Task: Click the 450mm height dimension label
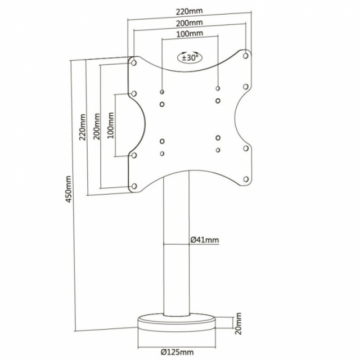[x=69, y=189]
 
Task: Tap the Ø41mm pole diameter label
[x=205, y=240]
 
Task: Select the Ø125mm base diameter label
[x=177, y=352]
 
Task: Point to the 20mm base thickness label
[x=238, y=323]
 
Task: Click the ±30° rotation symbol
[x=190, y=57]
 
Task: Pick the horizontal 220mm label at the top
[x=190, y=11]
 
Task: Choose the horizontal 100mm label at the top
[x=190, y=34]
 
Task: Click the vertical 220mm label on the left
[x=82, y=127]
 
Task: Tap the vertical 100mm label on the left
[x=111, y=125]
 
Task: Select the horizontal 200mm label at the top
[x=190, y=22]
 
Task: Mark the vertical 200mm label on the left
[x=97, y=126]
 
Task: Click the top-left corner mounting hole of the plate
[x=134, y=62]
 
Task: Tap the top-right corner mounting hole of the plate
[x=245, y=56]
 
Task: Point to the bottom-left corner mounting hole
[x=134, y=186]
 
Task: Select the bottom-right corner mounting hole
[x=246, y=179]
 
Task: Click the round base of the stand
[x=177, y=323]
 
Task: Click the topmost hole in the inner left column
[x=162, y=92]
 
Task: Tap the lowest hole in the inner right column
[x=218, y=150]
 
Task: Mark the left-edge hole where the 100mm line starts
[x=134, y=94]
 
